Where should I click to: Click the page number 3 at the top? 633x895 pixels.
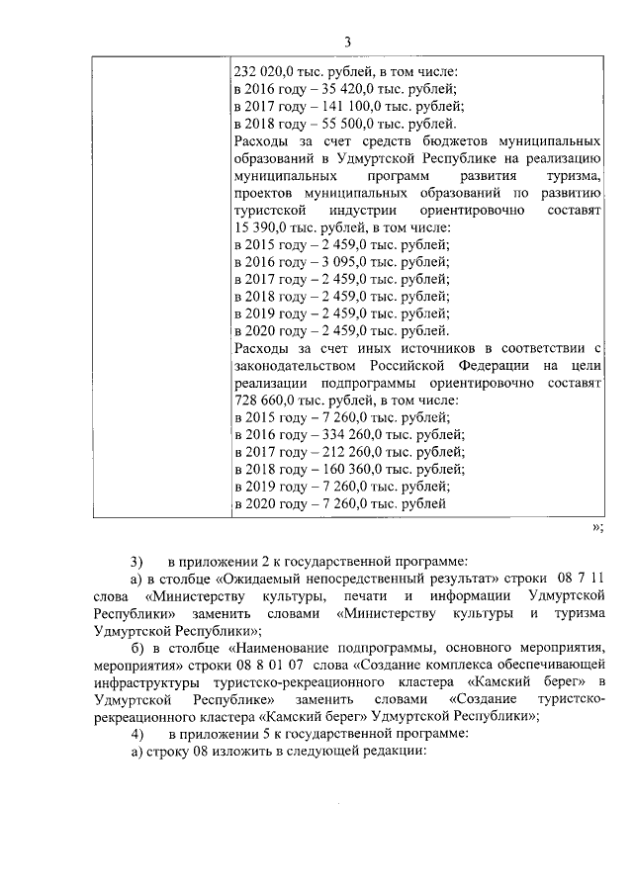pyautogui.click(x=347, y=41)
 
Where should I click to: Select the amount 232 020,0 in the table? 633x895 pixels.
pyautogui.click(x=262, y=71)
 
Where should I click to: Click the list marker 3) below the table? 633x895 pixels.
pyautogui.click(x=138, y=561)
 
